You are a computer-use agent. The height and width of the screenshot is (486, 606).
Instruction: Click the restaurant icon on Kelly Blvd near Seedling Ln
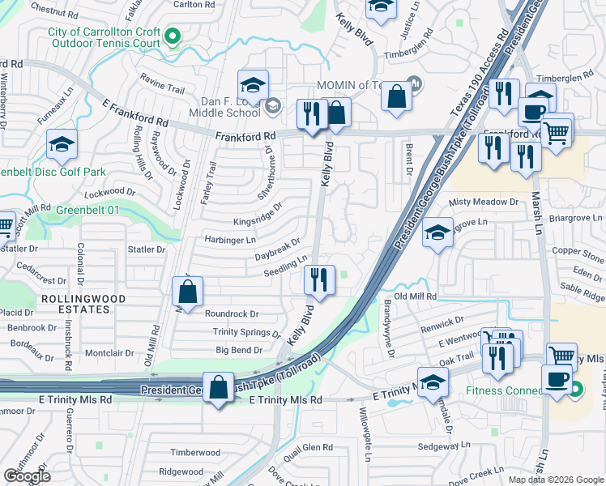319,280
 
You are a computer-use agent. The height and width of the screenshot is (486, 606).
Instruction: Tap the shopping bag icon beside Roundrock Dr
188,292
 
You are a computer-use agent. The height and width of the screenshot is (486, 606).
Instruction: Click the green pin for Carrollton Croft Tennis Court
172,36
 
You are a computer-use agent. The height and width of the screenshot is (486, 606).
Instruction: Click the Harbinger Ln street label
229,241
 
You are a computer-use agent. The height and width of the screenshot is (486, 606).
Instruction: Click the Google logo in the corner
26,476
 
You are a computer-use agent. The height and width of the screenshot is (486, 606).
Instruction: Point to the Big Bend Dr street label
239,351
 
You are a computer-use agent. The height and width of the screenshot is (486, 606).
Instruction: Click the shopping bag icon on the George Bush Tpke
218,387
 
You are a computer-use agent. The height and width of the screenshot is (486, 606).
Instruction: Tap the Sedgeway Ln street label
443,446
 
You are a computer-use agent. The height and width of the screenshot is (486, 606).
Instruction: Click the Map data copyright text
556,480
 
